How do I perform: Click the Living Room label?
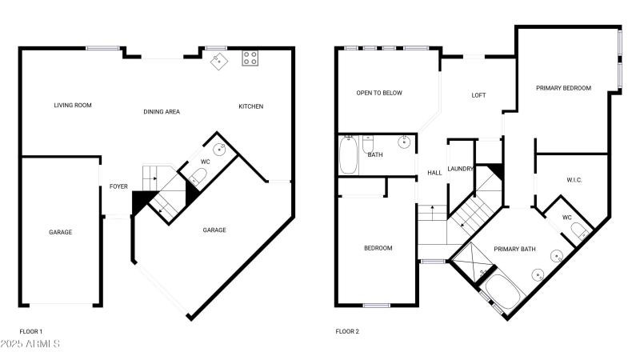point(73,106)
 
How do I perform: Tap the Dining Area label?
point(162,112)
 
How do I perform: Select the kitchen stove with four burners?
point(250,58)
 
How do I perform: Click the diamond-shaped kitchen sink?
point(219,62)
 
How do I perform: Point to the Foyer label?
point(118,186)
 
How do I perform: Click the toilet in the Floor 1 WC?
point(198,176)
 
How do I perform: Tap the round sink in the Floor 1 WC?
point(220,150)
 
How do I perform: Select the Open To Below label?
point(379,93)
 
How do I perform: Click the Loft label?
point(478,95)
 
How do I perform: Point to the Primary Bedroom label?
point(564,88)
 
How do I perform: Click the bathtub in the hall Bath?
point(349,155)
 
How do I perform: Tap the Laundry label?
point(461,169)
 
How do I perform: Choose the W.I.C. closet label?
point(574,180)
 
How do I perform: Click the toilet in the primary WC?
point(579,230)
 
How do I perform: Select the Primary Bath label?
point(514,249)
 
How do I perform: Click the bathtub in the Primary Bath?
point(505,293)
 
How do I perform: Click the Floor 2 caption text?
point(347,331)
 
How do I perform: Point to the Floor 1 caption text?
point(31,331)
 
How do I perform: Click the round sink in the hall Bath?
point(404,142)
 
